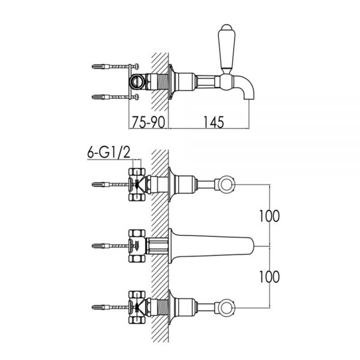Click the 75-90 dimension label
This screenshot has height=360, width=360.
(148, 122)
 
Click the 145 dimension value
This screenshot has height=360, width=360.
(214, 122)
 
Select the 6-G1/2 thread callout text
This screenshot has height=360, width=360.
(109, 152)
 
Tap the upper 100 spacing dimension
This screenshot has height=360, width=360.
(269, 216)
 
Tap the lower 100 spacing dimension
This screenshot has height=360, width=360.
(269, 277)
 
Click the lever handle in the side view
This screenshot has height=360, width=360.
(226, 49)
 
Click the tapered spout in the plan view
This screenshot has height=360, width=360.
(211, 246)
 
